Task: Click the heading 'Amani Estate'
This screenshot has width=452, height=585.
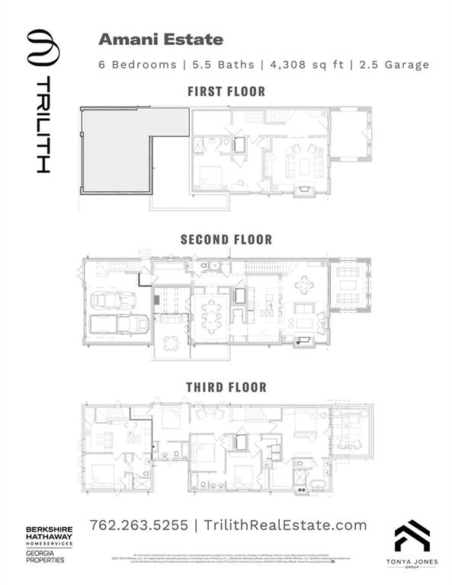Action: coord(161,39)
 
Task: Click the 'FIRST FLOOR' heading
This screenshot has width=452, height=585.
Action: coord(226,91)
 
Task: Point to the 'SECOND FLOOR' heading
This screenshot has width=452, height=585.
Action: coord(226,239)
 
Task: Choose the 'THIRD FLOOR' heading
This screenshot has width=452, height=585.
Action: coord(226,387)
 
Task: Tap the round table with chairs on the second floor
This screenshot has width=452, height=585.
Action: coord(304,285)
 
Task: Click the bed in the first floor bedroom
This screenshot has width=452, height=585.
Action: coord(209,178)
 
